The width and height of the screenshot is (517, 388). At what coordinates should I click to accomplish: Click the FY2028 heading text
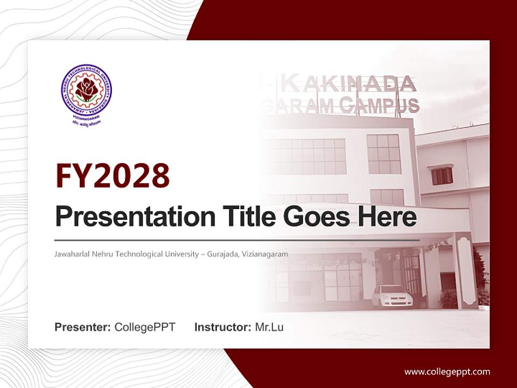(113, 176)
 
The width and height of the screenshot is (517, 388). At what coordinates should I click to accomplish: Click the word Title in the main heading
(239, 217)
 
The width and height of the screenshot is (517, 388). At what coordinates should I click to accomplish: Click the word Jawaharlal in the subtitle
(71, 254)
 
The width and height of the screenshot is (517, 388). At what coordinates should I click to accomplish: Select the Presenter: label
(83, 327)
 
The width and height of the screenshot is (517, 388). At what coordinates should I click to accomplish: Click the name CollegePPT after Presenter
(145, 327)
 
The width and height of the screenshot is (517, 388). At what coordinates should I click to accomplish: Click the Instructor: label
(222, 327)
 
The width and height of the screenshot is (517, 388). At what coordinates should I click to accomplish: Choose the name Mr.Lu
(269, 327)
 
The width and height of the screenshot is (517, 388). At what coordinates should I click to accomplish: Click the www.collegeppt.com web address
(447, 372)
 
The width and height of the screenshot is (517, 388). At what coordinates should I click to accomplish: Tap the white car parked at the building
(392, 296)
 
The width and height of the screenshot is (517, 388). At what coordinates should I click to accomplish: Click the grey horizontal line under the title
(237, 240)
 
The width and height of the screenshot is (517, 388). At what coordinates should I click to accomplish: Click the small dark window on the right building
(442, 176)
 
